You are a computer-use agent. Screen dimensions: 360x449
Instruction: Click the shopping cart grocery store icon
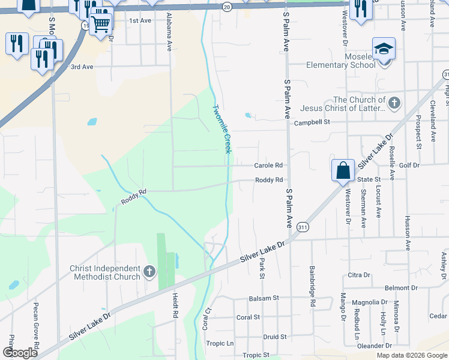point(101,23)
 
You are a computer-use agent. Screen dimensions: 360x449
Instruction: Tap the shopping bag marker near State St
point(342,170)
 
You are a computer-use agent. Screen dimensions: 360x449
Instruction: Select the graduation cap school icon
point(384,49)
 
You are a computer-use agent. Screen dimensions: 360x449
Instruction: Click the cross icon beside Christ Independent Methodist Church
point(149,273)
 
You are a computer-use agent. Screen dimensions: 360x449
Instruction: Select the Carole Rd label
point(268,165)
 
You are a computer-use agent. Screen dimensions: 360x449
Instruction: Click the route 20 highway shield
point(226,7)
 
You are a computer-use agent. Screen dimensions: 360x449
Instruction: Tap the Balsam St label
point(264,298)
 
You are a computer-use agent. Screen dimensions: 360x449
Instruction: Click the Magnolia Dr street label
point(370,302)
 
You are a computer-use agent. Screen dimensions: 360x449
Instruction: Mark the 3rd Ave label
point(82,67)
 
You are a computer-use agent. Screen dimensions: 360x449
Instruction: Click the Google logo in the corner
point(20,353)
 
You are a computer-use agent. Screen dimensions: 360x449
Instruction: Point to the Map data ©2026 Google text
point(411,355)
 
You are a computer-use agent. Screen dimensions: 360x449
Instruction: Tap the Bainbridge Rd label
point(313,287)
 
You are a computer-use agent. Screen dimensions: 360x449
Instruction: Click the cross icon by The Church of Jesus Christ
point(394,103)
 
